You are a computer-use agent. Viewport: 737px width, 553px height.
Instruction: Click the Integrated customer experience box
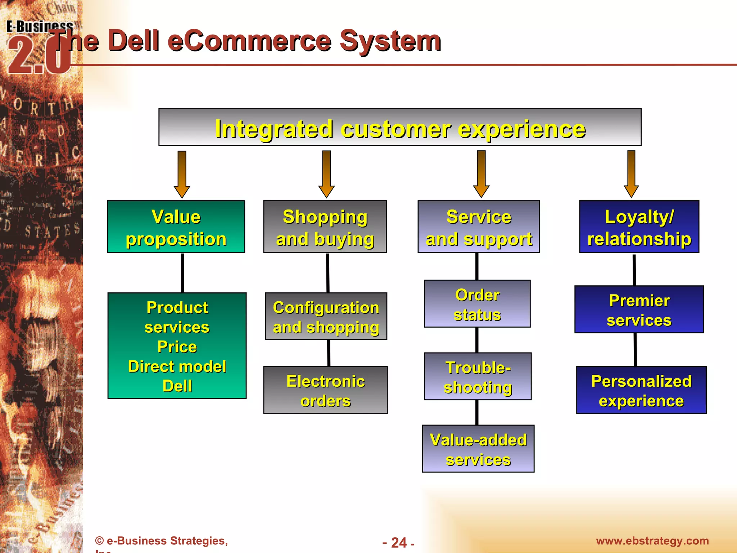coord(399,127)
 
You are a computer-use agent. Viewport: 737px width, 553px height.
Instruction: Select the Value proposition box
coord(176,227)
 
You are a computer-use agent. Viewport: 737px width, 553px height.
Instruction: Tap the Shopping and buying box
coord(325,227)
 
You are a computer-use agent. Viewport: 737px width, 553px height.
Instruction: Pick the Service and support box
coord(479,227)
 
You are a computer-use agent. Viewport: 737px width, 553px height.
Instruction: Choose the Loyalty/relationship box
coord(639,227)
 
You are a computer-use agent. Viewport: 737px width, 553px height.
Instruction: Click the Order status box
coord(477,304)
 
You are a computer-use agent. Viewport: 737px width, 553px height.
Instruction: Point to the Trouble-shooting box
coord(478,377)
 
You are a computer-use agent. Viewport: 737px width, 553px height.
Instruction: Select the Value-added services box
coord(478,449)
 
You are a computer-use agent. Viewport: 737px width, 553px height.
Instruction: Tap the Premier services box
coord(639,310)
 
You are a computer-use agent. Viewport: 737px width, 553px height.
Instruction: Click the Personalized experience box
coord(641,390)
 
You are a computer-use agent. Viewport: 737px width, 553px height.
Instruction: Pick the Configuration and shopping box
coord(326,316)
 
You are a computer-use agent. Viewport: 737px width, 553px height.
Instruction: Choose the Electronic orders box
coord(325,390)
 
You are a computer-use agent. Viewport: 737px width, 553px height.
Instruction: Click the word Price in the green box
coord(177,347)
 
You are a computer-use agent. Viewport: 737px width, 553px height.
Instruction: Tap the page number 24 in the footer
coord(399,543)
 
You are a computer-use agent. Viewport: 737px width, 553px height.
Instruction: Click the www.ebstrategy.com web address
coord(652,541)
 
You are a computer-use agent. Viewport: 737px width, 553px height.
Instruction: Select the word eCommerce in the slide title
coord(249,41)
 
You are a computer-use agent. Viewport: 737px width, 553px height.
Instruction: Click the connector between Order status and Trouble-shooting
coord(477,340)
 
